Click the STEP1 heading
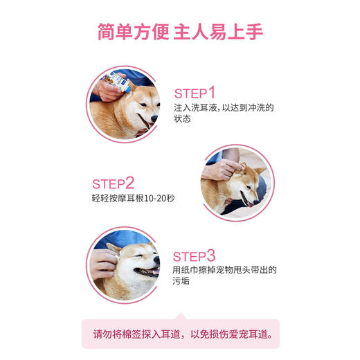[195, 93]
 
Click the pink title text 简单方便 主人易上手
[179, 33]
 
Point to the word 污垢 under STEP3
[183, 282]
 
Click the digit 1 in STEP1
[212, 93]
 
